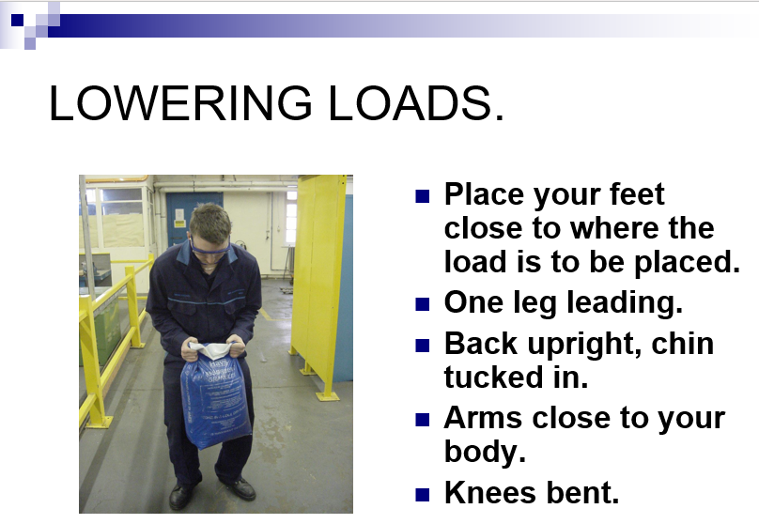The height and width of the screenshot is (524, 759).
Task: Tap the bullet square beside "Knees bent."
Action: [x=422, y=495]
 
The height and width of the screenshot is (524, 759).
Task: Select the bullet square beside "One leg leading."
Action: [x=422, y=304]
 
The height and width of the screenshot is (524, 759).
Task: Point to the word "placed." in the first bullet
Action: [x=688, y=262]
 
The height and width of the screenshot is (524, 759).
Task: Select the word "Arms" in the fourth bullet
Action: [x=483, y=418]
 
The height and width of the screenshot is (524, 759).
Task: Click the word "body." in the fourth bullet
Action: [x=485, y=453]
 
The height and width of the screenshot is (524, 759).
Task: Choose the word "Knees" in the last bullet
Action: [x=489, y=493]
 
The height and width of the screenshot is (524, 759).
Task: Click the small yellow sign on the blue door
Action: [x=179, y=223]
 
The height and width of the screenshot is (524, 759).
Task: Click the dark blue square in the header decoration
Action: [x=18, y=20]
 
